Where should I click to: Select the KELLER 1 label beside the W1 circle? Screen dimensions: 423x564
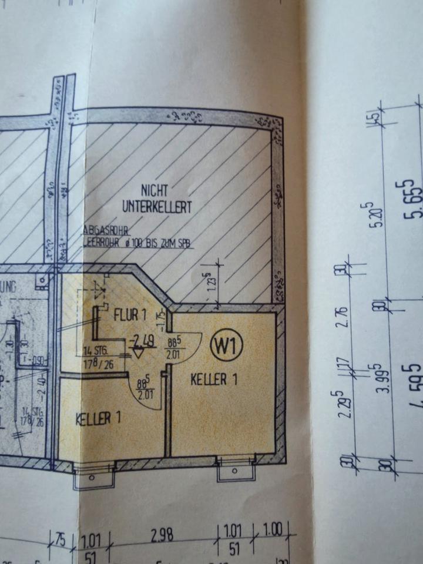214,380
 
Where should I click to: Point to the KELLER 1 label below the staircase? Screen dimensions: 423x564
98,418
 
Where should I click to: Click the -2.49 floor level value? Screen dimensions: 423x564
144,340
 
